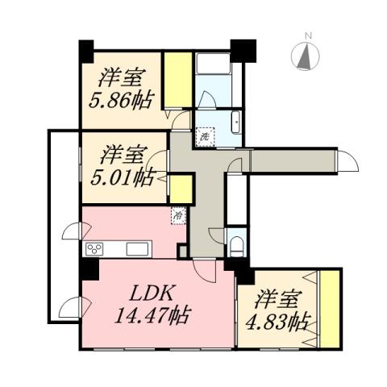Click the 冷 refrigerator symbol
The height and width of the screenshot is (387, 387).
(177, 215)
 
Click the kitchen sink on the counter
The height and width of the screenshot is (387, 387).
(133, 248)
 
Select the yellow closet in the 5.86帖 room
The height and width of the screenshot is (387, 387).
(177, 81)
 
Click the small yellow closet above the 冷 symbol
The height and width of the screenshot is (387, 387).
(180, 189)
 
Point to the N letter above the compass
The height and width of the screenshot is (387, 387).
(308, 35)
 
